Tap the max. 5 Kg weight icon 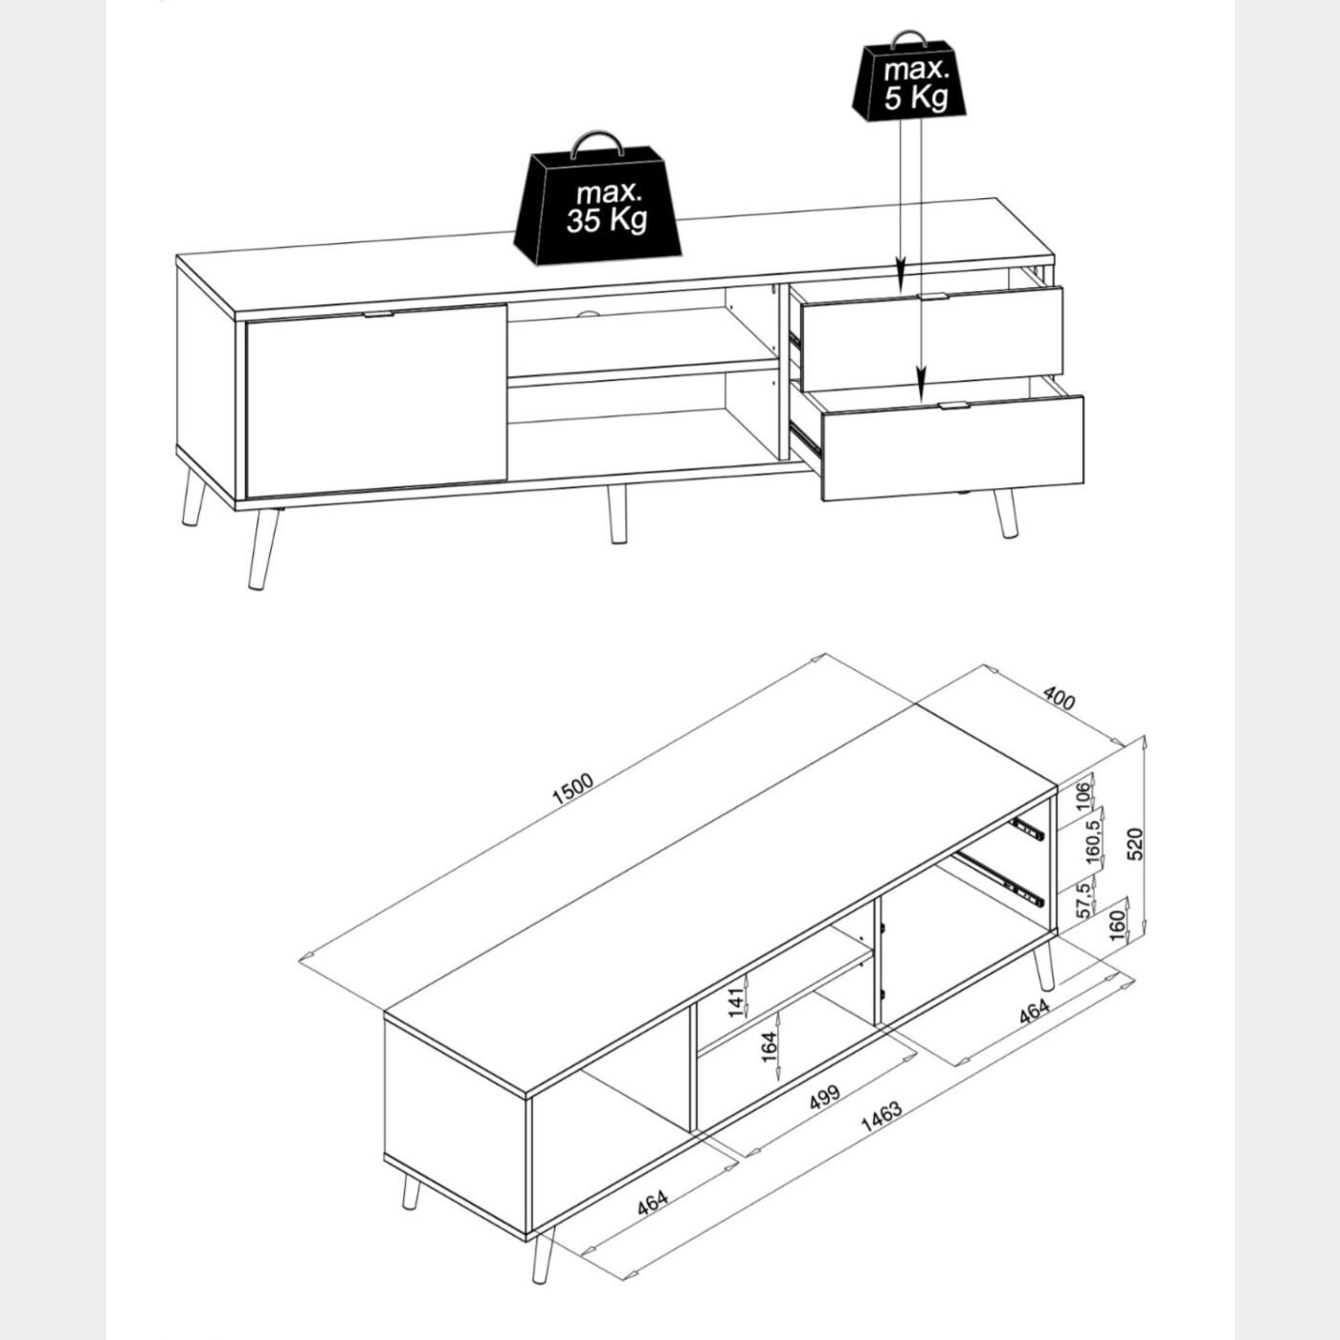[x=909, y=78]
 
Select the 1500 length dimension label [x=571, y=789]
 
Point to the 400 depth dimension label [x=1059, y=699]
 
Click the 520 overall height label [x=1134, y=843]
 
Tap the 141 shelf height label [x=736, y=1002]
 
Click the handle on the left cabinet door [x=379, y=315]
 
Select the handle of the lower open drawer [x=952, y=405]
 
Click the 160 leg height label [x=1118, y=926]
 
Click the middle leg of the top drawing [x=616, y=514]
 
